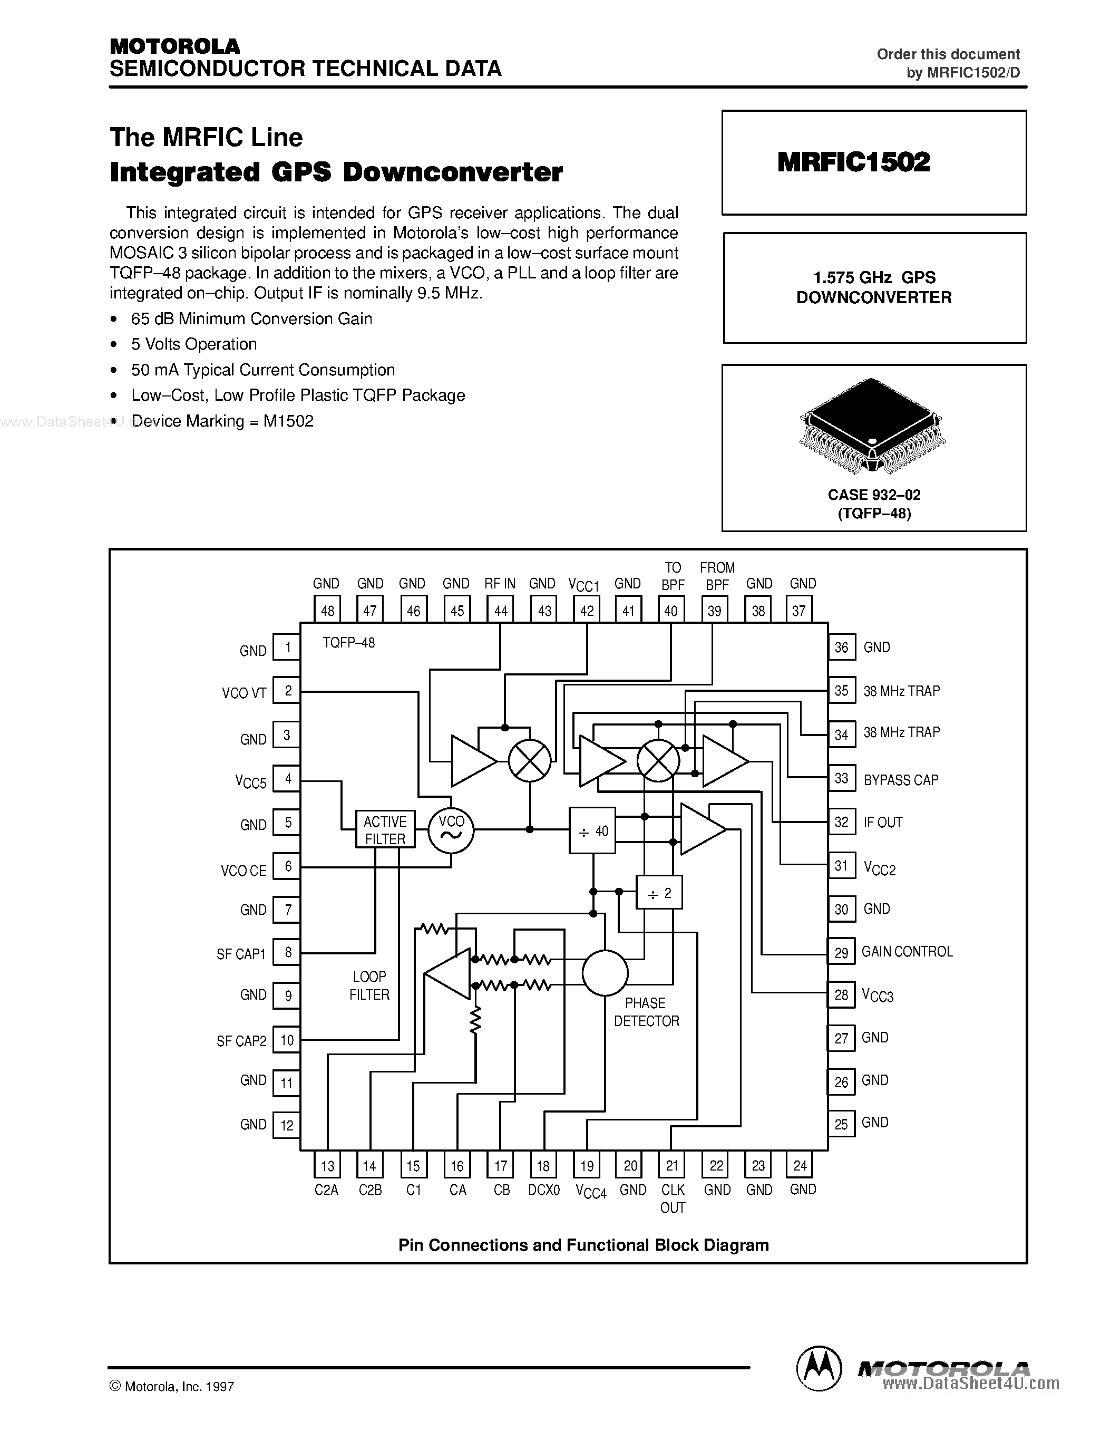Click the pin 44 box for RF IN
(x=500, y=610)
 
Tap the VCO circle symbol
(x=451, y=830)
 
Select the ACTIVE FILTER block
(x=385, y=830)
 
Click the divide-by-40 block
(x=592, y=830)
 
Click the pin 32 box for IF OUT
(x=841, y=822)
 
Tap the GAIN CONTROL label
(x=907, y=951)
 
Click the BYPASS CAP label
(x=900, y=780)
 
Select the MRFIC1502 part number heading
(x=853, y=162)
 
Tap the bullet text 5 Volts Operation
(x=194, y=344)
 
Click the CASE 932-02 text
(x=874, y=495)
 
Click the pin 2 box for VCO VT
(x=287, y=691)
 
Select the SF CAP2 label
(x=241, y=1041)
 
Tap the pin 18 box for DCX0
(x=543, y=1165)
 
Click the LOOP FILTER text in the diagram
(x=369, y=985)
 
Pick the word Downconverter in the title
(x=453, y=172)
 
